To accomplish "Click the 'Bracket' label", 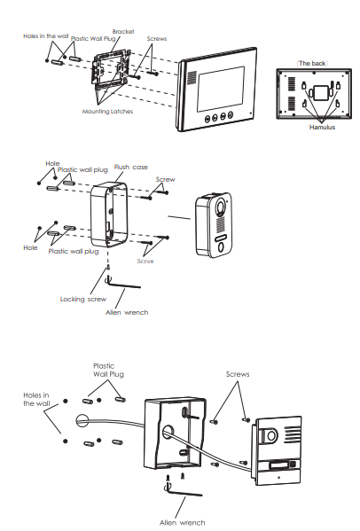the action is coord(123,32).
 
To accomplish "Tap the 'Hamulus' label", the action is coord(322,128).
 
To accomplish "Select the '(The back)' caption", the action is coord(312,63).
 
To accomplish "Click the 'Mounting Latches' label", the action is coord(107,112).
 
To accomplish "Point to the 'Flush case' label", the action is coord(131,167).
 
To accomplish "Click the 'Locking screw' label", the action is coord(83,300).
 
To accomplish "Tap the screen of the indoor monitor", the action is coord(221,89).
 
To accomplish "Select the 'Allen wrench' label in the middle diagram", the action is coord(127,313).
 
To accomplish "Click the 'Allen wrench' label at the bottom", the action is coord(182,523).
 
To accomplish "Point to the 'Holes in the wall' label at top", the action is coord(46,36).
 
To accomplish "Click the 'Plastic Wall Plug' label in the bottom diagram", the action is coord(108,371).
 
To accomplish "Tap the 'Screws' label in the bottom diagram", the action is coord(238,374).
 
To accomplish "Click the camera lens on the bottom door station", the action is coord(270,435).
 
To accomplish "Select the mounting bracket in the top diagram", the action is coord(111,69).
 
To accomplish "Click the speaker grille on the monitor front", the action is coord(192,78).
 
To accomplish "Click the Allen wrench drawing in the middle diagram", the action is coord(122,285).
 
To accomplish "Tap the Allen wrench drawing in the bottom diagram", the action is coord(183,491).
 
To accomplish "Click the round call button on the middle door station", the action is coord(221,247).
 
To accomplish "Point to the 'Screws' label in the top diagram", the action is coord(157,39).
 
